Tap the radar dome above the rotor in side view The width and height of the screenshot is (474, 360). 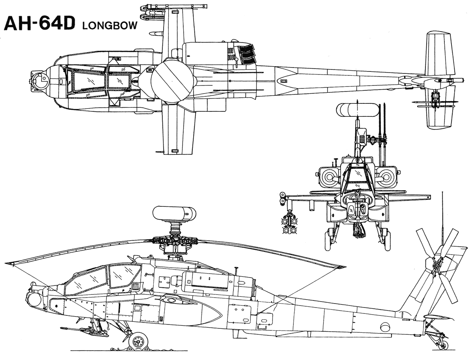(x=174, y=214)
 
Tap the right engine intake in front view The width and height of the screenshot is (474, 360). (x=386, y=173)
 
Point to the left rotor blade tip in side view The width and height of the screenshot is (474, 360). (x=12, y=262)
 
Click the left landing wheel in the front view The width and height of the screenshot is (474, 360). (x=327, y=241)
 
